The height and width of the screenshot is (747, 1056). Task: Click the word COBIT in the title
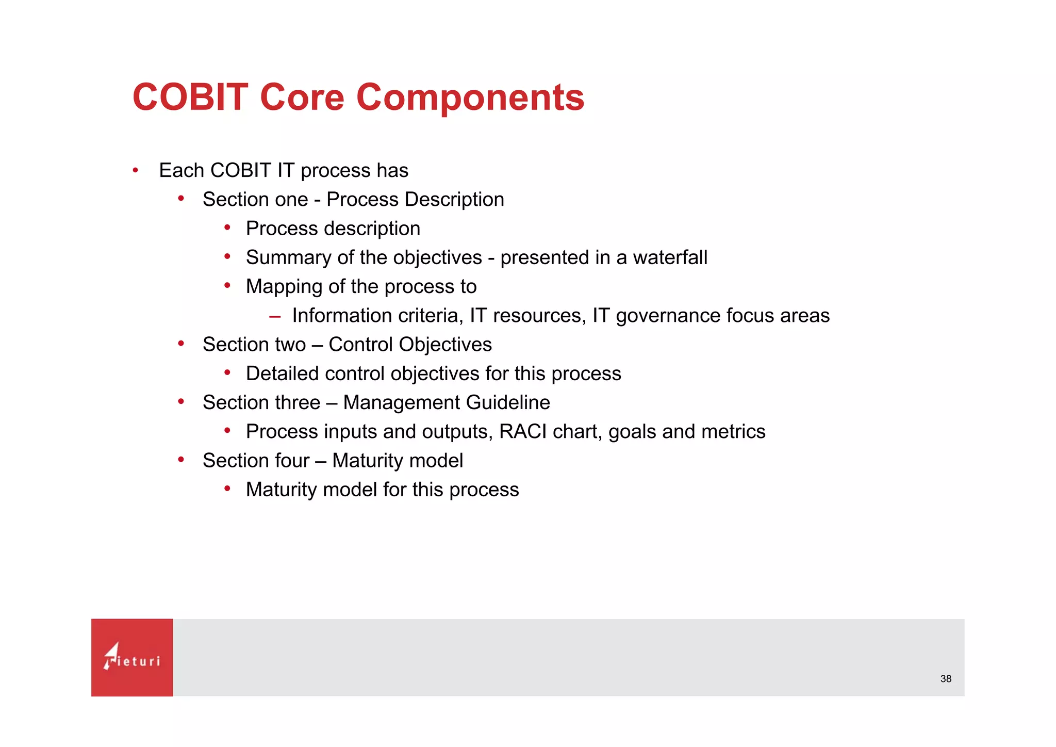pos(190,97)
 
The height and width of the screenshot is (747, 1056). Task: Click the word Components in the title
pos(470,97)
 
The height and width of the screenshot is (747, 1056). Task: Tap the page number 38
pos(946,679)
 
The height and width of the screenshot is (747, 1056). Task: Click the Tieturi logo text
pos(133,660)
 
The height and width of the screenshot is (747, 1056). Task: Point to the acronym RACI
pos(523,431)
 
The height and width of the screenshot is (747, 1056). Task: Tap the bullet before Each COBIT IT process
pos(135,170)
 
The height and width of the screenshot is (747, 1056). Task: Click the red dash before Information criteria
pos(275,316)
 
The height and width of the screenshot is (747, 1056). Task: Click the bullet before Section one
pos(181,199)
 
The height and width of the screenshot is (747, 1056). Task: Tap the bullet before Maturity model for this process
pos(227,489)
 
